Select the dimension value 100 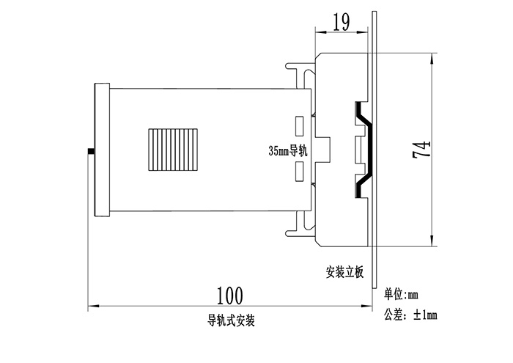pyautogui.click(x=229, y=295)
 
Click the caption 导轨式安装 pyautogui.click(x=230, y=320)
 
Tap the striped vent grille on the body pyautogui.click(x=172, y=149)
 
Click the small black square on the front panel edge pyautogui.click(x=91, y=152)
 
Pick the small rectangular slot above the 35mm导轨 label pyautogui.click(x=300, y=125)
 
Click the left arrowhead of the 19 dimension pyautogui.click(x=318, y=32)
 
